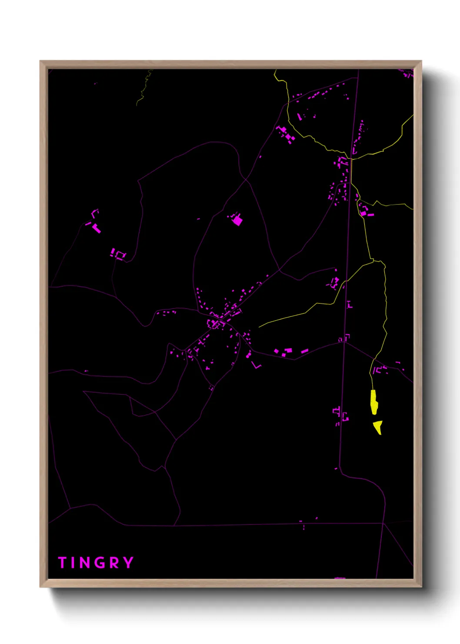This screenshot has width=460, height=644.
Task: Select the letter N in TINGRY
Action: tap(85, 563)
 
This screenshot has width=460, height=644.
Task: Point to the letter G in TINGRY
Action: tap(100, 563)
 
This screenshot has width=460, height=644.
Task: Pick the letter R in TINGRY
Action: tap(114, 563)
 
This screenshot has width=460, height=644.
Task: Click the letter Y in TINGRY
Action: tap(128, 563)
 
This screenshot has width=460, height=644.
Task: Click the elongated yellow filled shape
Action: tap(373, 402)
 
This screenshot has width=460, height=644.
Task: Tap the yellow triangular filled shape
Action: tap(378, 426)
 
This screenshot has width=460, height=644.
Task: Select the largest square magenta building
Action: tap(237, 221)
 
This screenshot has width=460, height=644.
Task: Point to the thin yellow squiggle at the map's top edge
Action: tap(145, 87)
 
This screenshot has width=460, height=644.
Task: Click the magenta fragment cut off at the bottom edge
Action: tap(340, 578)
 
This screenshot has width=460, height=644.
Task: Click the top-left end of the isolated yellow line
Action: tap(260, 327)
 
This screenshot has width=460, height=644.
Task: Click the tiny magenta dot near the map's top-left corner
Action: tap(95, 83)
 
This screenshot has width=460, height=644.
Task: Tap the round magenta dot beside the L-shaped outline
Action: tap(248, 356)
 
